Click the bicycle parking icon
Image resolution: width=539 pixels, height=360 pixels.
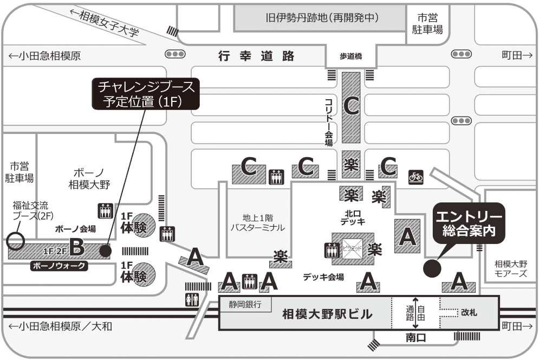[x=415, y=176]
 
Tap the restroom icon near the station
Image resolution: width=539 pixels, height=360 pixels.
[x=191, y=299]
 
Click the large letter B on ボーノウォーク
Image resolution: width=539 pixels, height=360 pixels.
[x=76, y=249]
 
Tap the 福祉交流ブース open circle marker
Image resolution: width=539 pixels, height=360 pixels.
[x=16, y=240]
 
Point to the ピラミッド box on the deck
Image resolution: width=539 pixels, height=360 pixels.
[x=352, y=248]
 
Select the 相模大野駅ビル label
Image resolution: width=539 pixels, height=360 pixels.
[x=327, y=314]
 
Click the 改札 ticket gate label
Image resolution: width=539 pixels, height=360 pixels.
[x=469, y=313]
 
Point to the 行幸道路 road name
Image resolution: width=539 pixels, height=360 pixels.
[x=256, y=56]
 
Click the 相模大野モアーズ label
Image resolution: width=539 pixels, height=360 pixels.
[x=511, y=269]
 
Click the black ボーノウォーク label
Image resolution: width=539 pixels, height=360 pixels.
[x=60, y=267]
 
